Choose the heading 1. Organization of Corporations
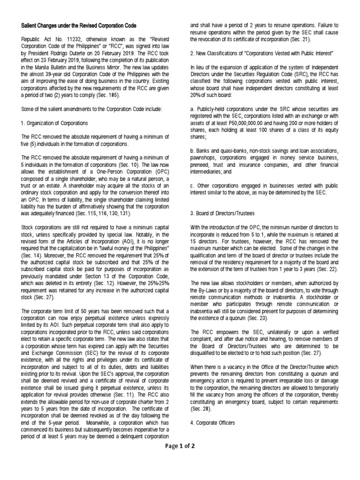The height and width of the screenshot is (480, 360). point(55,123)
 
